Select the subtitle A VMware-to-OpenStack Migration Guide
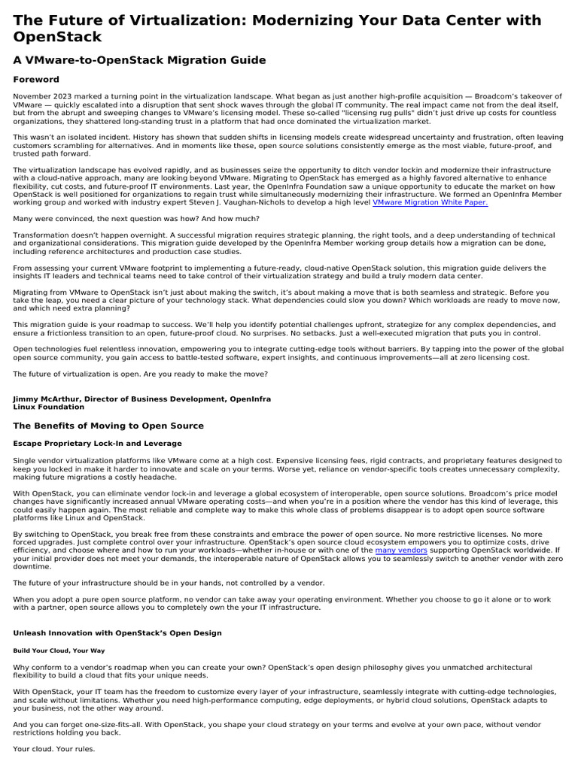pos(139,59)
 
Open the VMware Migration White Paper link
pos(430,202)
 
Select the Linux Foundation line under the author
pos(49,407)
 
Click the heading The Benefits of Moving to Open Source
pos(110,426)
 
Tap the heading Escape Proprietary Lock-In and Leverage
pos(97,444)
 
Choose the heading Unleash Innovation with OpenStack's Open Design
pos(117,633)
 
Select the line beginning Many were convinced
pos(135,219)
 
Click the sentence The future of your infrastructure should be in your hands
pos(151,583)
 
